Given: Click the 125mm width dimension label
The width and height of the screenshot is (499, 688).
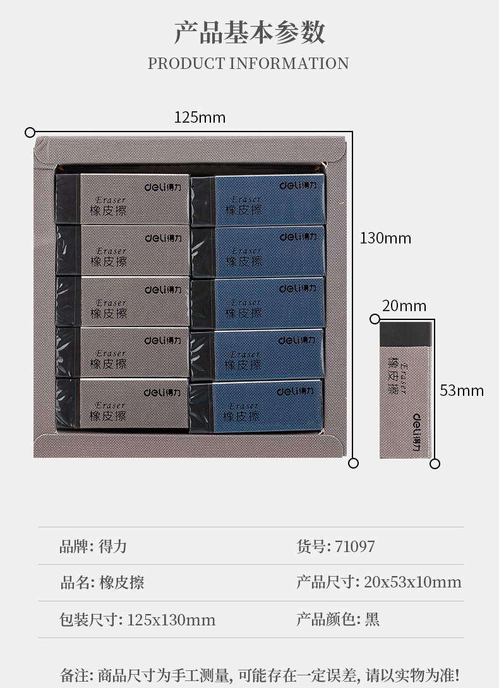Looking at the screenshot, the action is (x=200, y=118).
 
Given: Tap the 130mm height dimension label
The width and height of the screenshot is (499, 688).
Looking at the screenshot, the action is (x=385, y=238).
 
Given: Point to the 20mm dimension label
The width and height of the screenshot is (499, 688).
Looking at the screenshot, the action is (x=404, y=306).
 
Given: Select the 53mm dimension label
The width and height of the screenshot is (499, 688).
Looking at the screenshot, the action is (x=462, y=391).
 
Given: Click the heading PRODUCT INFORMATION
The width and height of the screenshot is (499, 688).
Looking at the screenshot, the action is (x=248, y=63).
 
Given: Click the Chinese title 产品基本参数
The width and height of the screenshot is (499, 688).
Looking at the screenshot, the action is (x=249, y=32).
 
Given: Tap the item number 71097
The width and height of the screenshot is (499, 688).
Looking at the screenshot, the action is (x=355, y=547).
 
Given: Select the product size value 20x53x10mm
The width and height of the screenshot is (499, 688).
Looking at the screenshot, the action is (x=412, y=582).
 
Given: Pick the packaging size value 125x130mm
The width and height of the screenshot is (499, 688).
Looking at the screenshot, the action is (x=171, y=620).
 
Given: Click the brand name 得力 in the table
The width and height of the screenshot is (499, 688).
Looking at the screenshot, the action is (x=113, y=547).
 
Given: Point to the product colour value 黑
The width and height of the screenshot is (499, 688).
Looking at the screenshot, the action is (x=373, y=620).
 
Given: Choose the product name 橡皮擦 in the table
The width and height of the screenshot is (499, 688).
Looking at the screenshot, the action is (x=122, y=582).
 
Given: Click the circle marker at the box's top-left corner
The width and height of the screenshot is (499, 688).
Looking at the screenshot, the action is (x=30, y=132).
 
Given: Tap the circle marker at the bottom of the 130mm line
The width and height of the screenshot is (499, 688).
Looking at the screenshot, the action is (x=353, y=463).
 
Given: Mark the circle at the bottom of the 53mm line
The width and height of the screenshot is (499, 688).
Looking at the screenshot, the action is (x=435, y=464).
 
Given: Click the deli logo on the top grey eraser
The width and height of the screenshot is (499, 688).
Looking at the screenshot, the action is (x=163, y=187).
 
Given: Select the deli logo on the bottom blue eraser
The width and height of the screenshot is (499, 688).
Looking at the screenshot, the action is (x=296, y=391).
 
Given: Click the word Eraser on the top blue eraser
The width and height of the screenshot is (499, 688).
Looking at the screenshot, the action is (x=246, y=200).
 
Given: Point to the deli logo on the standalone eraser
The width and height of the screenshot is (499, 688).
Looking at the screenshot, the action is (x=417, y=432).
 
